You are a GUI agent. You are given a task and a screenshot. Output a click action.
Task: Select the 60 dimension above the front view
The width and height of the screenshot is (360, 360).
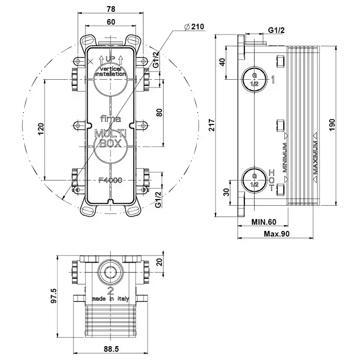click(111, 21)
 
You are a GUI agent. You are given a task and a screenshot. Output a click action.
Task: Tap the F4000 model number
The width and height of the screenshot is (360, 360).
click(111, 181)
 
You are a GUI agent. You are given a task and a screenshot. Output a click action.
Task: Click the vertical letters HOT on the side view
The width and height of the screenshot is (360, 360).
click(272, 179)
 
